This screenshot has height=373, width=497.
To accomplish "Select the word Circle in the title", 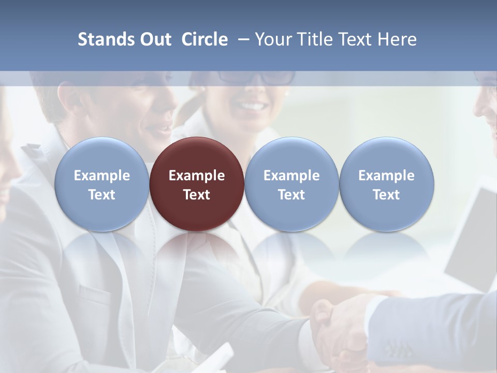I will click(x=204, y=39).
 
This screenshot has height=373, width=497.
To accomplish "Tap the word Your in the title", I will click(x=273, y=39).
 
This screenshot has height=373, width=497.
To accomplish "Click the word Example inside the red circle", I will click(x=197, y=176).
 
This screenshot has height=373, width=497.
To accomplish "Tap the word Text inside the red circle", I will click(x=197, y=195).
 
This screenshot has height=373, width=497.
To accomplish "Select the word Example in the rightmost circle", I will click(x=387, y=176).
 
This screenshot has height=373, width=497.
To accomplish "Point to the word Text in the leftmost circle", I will click(x=101, y=195).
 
